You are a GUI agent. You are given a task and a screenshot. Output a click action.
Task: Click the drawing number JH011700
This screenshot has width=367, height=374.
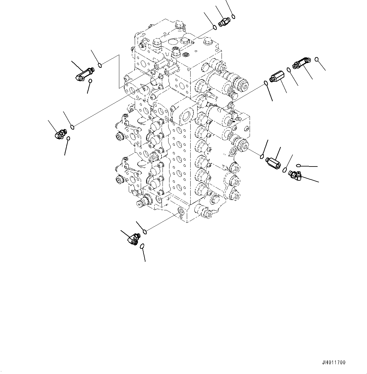tap(334, 363)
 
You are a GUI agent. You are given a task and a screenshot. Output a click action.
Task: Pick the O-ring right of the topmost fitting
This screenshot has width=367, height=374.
tap(233, 16)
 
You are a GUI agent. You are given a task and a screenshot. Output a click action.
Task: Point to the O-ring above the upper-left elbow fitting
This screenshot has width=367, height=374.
tap(100, 65)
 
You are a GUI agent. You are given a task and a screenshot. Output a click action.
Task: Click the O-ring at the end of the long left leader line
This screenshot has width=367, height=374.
tap(73, 127)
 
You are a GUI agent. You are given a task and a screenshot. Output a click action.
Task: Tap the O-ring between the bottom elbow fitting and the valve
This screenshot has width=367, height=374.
tap(145, 232)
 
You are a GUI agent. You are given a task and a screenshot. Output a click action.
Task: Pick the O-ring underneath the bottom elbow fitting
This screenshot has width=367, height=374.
tap(142, 246)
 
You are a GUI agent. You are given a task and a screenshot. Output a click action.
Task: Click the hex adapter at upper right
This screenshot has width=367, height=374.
tap(277, 77)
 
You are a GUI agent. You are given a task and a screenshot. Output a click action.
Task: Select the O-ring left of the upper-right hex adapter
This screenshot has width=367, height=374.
tap(266, 83)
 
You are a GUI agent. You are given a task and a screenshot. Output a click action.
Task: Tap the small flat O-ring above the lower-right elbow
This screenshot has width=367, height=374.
tap(298, 165)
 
